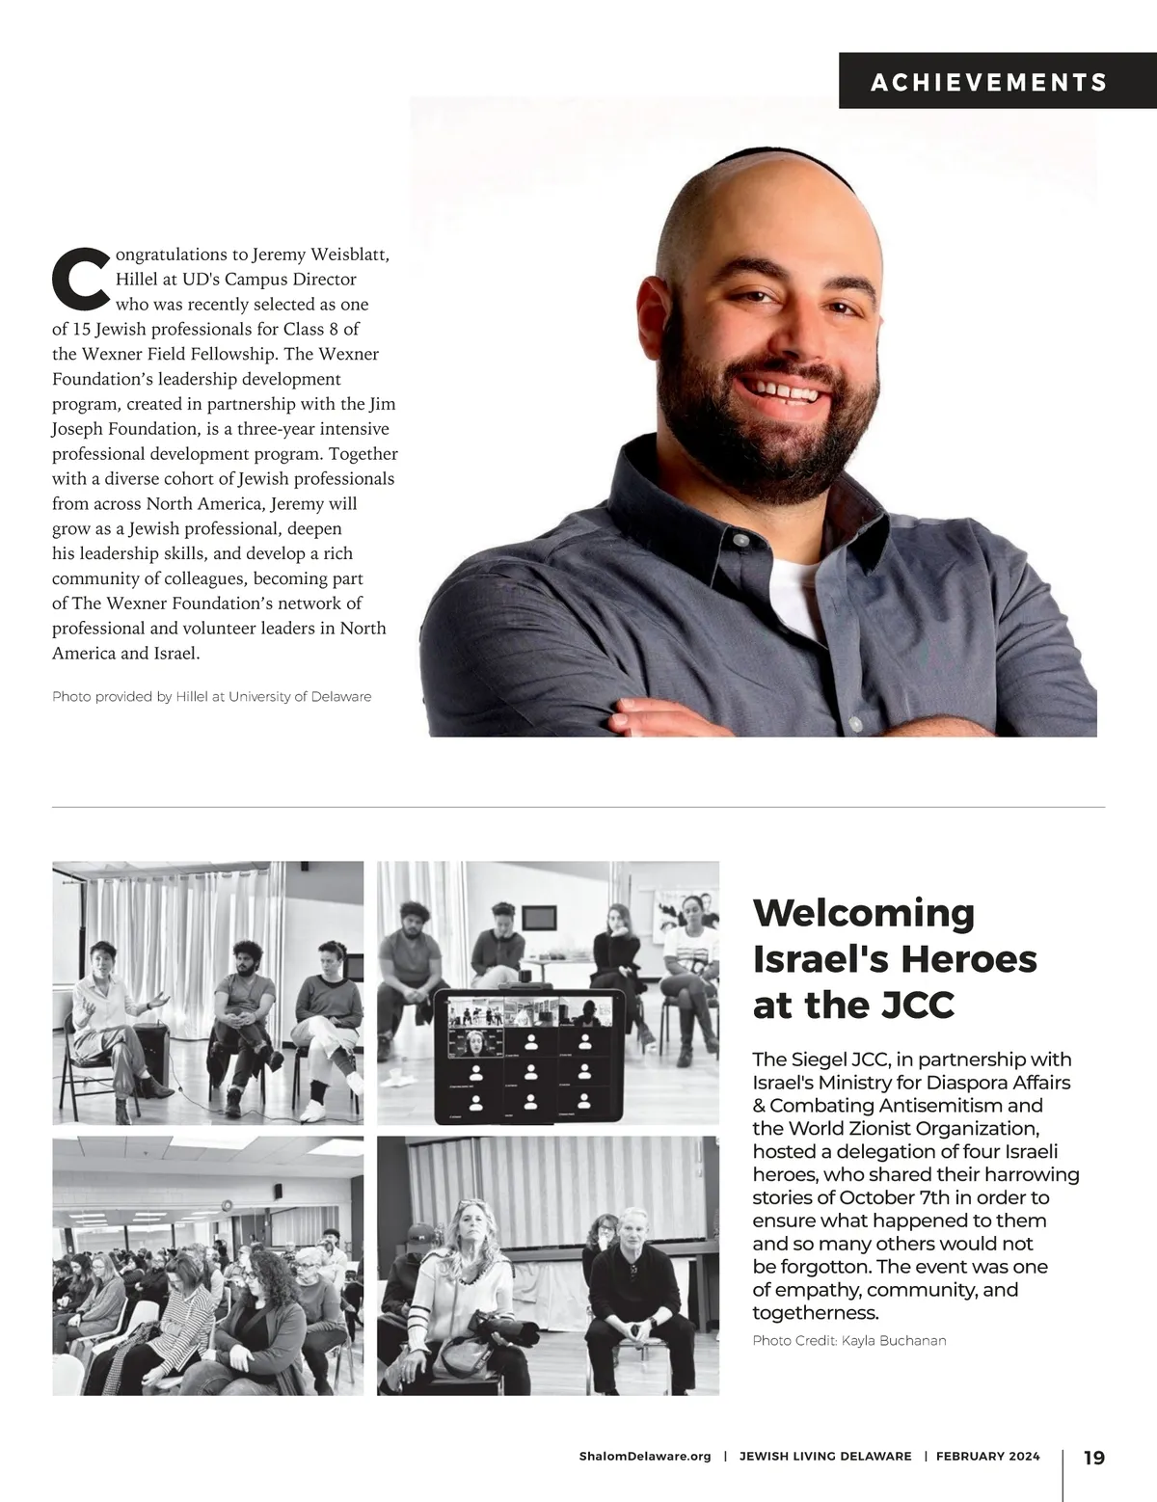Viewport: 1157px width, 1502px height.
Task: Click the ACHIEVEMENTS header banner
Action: (989, 82)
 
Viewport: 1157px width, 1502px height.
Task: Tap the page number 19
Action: (1094, 1457)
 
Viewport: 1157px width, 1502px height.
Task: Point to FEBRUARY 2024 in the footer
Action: (987, 1457)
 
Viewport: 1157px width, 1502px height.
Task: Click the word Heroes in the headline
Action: (964, 958)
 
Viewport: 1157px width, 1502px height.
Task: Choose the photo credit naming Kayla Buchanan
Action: (849, 1340)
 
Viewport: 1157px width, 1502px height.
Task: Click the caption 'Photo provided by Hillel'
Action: (211, 696)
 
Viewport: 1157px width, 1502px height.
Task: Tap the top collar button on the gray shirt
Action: (740, 540)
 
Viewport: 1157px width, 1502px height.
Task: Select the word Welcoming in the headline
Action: (864, 912)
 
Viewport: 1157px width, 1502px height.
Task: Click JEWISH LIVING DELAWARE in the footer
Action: (824, 1457)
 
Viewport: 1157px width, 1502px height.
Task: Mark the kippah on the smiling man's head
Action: (762, 155)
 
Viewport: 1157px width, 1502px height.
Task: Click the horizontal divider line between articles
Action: (578, 806)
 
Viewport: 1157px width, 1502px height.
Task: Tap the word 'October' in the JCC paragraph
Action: (876, 1197)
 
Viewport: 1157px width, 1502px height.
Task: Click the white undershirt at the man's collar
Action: (794, 578)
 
